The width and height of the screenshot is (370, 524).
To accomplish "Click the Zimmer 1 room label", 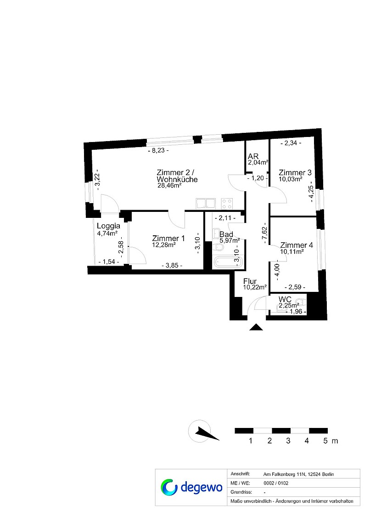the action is (168, 238).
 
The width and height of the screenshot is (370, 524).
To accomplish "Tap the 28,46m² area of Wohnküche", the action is (169, 186).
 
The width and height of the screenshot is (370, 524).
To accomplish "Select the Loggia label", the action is (108, 226).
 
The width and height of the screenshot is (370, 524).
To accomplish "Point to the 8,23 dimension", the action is (158, 150).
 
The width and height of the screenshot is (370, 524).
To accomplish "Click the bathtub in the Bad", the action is (225, 262).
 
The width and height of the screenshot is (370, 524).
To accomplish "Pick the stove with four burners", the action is (227, 203).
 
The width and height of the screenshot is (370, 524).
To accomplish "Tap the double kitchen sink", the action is (206, 203).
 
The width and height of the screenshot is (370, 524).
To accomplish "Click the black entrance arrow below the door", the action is (256, 327).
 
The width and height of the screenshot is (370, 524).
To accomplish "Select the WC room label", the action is (285, 299).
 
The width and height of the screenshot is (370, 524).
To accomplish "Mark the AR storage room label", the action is (253, 156).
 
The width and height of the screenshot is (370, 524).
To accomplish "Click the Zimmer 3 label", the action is (295, 172).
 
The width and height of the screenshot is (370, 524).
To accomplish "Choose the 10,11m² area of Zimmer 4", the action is (292, 251).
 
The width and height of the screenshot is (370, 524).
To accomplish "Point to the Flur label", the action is (250, 281).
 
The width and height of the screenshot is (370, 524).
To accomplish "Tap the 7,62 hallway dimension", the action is (264, 233).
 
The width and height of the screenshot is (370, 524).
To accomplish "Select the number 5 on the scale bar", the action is (325, 441).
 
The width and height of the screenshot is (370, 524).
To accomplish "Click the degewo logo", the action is (191, 487).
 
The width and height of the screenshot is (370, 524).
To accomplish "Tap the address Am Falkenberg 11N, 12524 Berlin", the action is (298, 474).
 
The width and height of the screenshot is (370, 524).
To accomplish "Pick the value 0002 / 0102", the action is (276, 483).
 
